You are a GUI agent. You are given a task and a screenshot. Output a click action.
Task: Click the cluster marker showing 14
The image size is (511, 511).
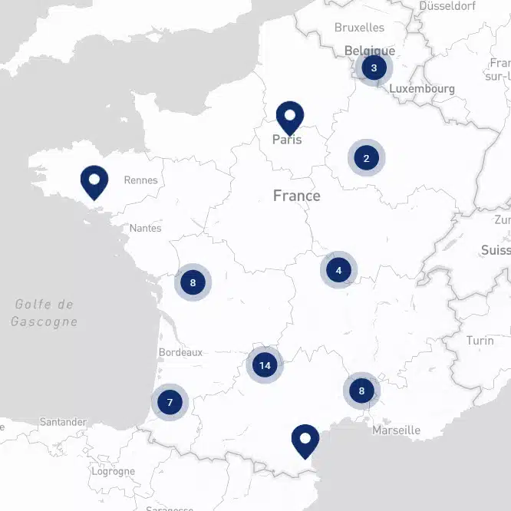pyautogui.click(x=265, y=365)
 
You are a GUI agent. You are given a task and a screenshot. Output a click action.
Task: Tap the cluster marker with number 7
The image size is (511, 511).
pyautogui.click(x=170, y=401)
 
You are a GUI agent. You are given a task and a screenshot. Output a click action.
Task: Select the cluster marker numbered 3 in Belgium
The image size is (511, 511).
pyautogui.click(x=374, y=68)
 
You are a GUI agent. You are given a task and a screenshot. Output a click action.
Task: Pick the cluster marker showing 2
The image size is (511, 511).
pyautogui.click(x=366, y=158)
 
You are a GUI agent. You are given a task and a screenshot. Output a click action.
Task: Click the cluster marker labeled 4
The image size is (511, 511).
pyautogui.click(x=338, y=270)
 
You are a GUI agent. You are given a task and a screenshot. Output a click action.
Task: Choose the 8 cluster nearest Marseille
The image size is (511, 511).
pyautogui.click(x=361, y=391)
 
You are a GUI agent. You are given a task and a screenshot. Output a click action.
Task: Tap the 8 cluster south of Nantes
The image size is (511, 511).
pyautogui.click(x=193, y=282)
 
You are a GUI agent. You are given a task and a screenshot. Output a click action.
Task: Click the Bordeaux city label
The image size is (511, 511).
pyautogui.click(x=180, y=352)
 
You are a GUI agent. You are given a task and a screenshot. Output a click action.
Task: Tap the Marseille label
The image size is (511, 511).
pyautogui.click(x=396, y=430)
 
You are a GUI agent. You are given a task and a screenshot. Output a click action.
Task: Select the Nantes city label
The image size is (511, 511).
pyautogui.click(x=145, y=228)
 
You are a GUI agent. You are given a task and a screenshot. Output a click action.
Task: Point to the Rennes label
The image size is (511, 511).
pyautogui.click(x=140, y=180)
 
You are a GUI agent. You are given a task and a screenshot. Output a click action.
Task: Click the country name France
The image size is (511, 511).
pyautogui.click(x=296, y=196)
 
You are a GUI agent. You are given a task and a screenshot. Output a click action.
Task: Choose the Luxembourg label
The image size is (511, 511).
pyautogui.click(x=421, y=89)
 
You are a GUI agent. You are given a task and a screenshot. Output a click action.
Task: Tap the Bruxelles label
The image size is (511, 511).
pyautogui.click(x=359, y=28)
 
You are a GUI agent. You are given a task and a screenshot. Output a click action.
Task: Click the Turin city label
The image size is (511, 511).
pyautogui.click(x=480, y=340)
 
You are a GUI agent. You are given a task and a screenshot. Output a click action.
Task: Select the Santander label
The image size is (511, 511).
pyautogui.click(x=63, y=422)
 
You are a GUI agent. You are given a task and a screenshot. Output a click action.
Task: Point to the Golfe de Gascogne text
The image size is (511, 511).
pyautogui.click(x=45, y=313)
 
